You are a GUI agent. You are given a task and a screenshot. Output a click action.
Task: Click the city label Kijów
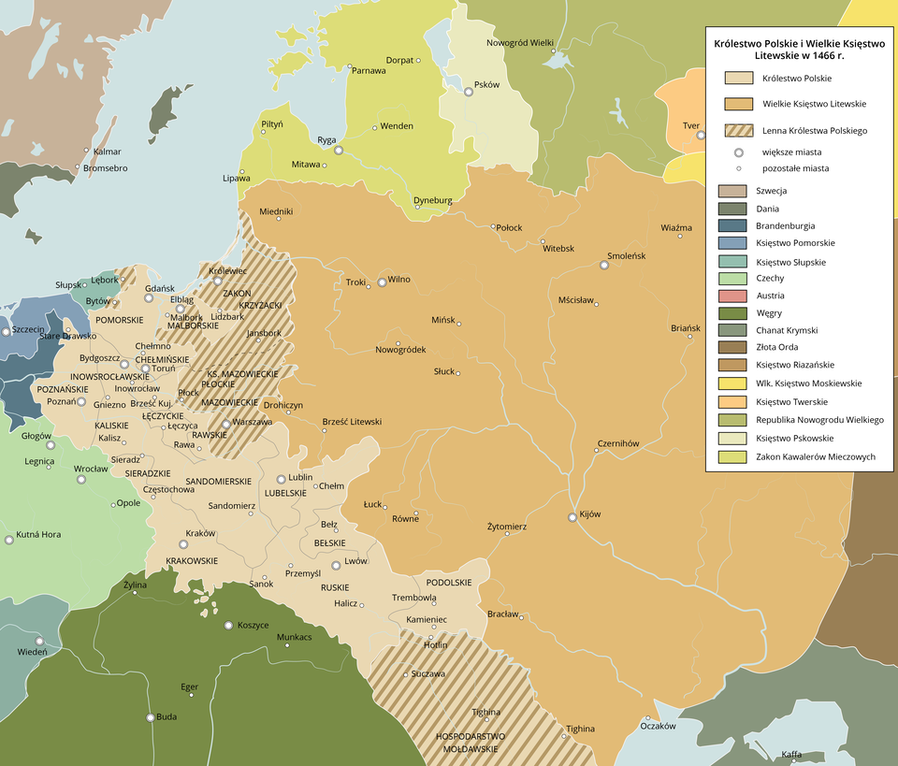[x=589, y=513]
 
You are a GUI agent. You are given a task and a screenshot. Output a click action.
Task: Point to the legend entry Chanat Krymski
[x=786, y=330]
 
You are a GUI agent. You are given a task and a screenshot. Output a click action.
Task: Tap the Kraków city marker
[x=182, y=544]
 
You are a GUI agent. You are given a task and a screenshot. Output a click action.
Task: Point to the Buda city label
[x=167, y=717]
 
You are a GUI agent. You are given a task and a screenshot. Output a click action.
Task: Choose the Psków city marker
[x=469, y=92]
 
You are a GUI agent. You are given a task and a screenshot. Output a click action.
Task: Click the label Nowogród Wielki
[x=521, y=42]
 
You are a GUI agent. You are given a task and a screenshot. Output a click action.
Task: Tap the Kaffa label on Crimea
[x=791, y=754]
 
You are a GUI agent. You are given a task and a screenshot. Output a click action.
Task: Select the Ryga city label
[x=326, y=140]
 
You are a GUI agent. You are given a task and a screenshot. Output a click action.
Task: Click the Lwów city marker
[x=338, y=565]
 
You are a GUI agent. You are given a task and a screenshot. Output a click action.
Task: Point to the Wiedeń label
[x=32, y=651]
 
